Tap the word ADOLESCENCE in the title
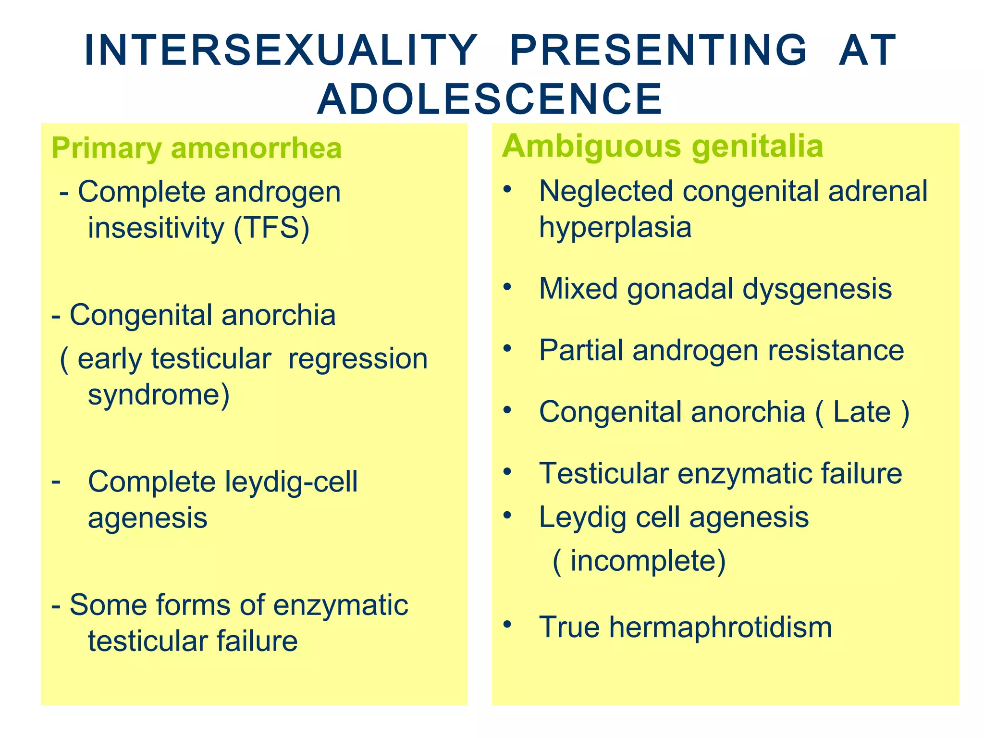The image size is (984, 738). (x=490, y=99)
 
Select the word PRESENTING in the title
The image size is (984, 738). (x=659, y=50)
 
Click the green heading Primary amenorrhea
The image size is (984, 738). (x=197, y=148)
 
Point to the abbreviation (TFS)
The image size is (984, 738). (x=271, y=228)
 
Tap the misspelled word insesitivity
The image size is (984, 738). (x=156, y=228)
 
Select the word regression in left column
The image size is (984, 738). (x=358, y=359)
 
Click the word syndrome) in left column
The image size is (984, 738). (x=159, y=395)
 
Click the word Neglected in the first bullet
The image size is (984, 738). (x=606, y=191)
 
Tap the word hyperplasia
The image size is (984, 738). (x=615, y=227)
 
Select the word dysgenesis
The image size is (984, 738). (x=817, y=289)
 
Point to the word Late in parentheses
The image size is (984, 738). (x=861, y=412)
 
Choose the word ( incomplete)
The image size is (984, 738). (x=639, y=561)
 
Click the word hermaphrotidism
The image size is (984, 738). (x=720, y=627)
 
